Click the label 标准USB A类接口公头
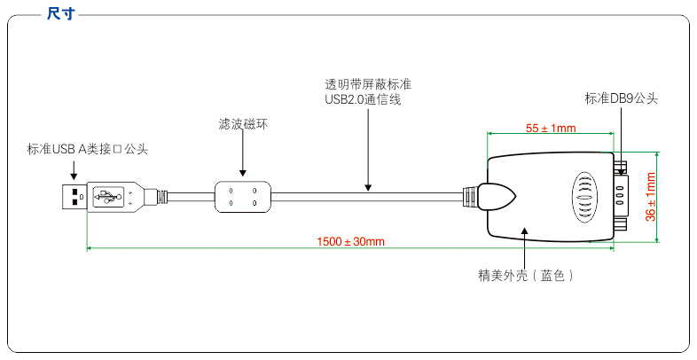87,148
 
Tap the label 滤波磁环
242,124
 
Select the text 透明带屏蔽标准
368,84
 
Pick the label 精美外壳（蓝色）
527,276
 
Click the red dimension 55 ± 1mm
551,129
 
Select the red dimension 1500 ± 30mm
350,241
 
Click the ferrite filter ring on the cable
242,196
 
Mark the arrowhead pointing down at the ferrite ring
242,171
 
